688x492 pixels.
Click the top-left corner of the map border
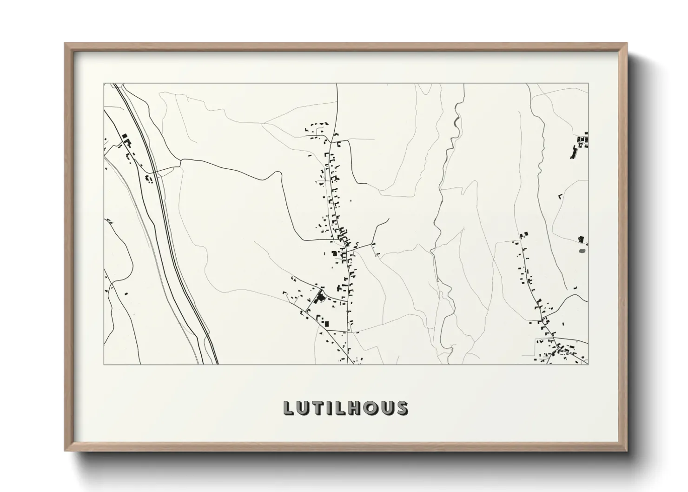coord(104,84)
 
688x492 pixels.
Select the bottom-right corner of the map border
coord(588,364)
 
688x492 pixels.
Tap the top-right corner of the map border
coord(588,84)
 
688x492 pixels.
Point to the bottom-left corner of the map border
coord(104,364)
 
